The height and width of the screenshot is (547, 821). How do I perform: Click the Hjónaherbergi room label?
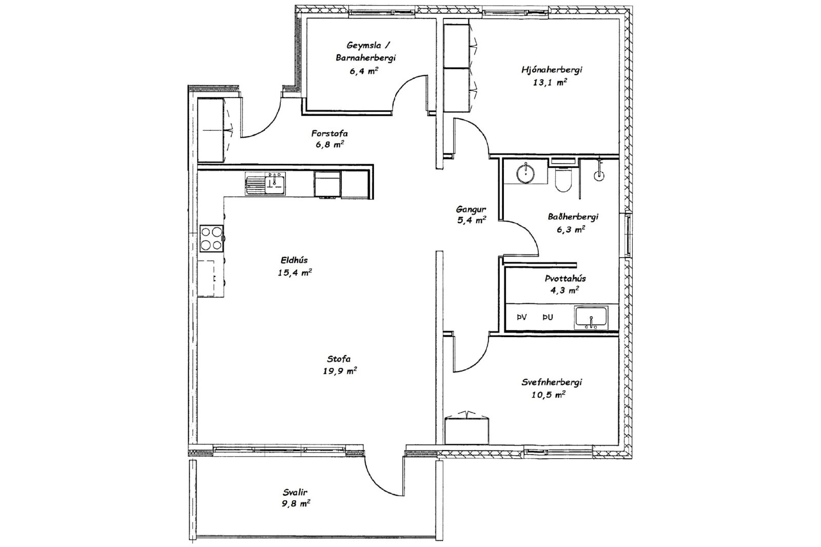point(552,70)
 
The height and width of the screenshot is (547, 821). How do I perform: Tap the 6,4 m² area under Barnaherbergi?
point(364,70)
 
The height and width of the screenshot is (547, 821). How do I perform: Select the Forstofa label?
point(329,133)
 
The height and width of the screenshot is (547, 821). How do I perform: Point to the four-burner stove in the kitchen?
point(211,238)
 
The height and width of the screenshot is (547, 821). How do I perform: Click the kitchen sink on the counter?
point(265,184)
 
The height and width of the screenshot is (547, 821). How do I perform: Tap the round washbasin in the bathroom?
point(525,173)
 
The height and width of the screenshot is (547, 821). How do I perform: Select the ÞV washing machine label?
point(521,318)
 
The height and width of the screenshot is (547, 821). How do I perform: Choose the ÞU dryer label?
point(548,318)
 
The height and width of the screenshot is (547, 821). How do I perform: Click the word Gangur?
point(471,210)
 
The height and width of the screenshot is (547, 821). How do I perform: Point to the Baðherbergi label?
point(573,217)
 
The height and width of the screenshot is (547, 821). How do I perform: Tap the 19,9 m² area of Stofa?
point(340,371)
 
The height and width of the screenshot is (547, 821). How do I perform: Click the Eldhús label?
point(295,260)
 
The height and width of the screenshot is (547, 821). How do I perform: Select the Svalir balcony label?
point(295,492)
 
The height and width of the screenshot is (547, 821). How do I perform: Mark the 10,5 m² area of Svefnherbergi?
point(548,395)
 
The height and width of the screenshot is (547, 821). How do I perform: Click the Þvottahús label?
point(565,279)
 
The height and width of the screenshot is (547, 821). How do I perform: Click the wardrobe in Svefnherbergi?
point(467,429)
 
